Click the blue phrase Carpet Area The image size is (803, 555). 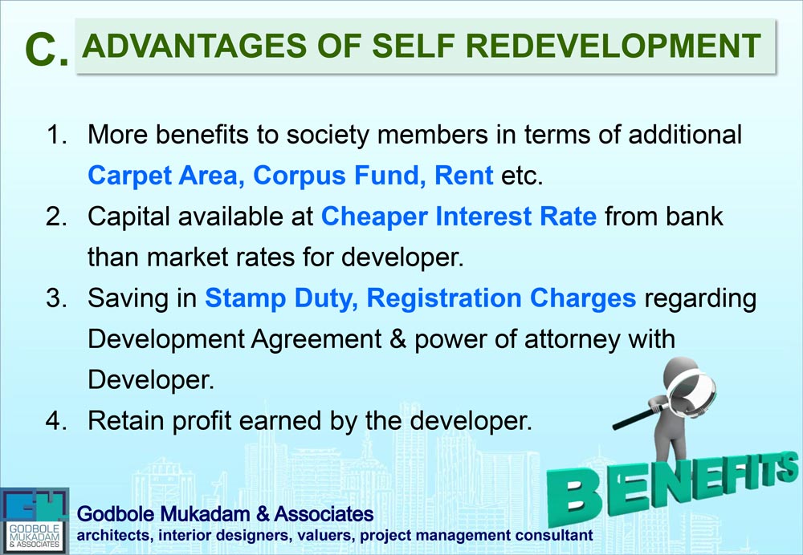pos(163,175)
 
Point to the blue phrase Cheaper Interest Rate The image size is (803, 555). pos(459,217)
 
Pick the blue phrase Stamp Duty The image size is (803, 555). pos(280,298)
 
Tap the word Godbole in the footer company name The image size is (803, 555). pos(117,513)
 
